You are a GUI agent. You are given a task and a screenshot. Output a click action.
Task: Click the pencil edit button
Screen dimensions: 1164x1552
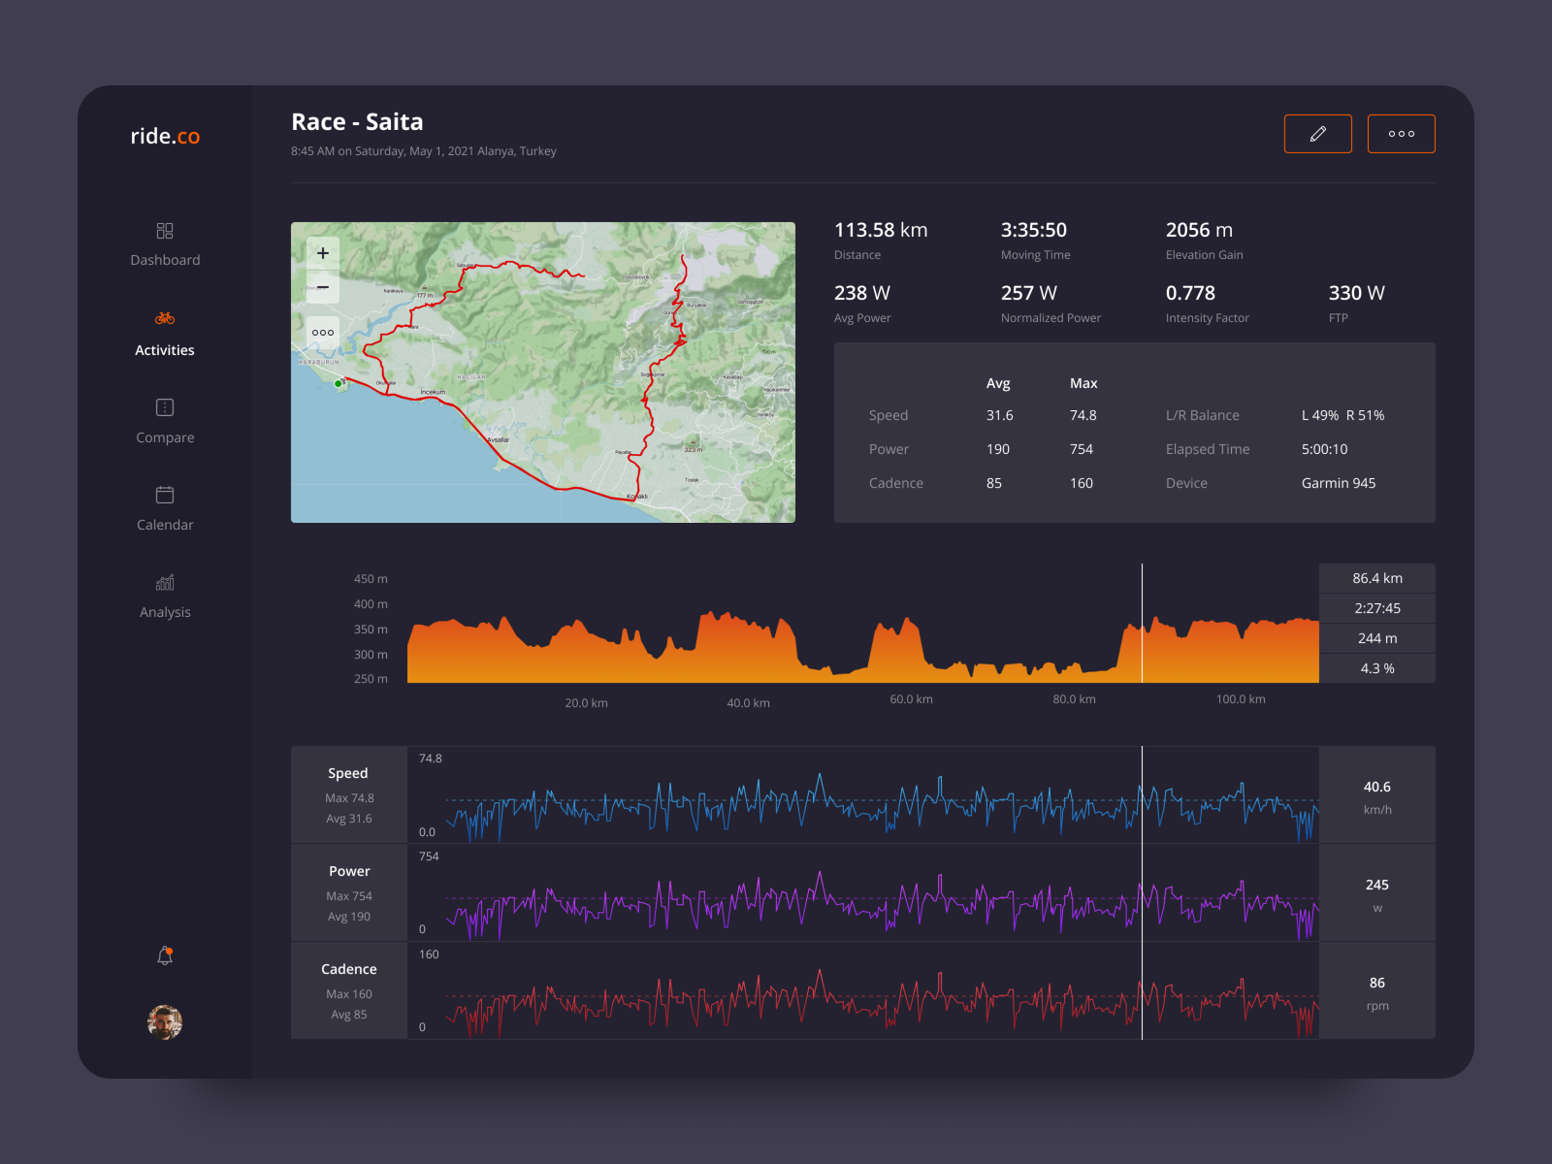click(1317, 134)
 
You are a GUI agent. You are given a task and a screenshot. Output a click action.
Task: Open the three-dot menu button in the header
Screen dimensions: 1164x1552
click(1401, 134)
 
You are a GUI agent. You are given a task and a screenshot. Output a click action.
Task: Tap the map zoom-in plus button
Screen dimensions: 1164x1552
click(323, 253)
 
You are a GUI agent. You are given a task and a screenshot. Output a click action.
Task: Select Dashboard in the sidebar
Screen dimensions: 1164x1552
click(165, 244)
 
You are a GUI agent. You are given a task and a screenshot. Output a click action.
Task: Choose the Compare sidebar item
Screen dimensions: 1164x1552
click(165, 421)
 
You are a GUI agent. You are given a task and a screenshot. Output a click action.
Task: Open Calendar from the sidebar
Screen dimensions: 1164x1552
click(165, 508)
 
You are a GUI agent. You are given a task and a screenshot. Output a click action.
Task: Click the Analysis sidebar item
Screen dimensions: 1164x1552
click(165, 596)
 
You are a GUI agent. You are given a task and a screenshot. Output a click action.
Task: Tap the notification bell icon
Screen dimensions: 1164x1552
click(165, 955)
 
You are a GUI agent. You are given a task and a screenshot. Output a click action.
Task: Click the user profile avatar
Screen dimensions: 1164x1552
click(165, 1021)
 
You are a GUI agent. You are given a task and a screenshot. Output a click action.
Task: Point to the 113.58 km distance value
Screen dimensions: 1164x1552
click(881, 231)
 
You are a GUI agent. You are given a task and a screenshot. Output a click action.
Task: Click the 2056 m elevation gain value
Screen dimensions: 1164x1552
click(1199, 231)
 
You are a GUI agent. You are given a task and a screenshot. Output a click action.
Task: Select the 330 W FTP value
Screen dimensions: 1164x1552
click(1356, 293)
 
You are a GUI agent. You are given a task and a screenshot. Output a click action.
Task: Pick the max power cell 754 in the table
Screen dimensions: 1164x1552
click(1082, 449)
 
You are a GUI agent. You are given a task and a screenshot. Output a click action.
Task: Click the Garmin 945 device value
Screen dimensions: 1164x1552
click(1338, 483)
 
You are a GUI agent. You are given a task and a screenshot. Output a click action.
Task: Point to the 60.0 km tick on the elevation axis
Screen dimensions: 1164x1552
click(911, 699)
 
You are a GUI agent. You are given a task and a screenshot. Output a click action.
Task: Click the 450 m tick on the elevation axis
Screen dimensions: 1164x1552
click(371, 579)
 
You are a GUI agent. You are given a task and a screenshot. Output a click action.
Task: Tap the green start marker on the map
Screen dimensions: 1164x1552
click(338, 384)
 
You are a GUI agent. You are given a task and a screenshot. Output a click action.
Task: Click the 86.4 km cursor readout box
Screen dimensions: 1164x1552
click(1376, 578)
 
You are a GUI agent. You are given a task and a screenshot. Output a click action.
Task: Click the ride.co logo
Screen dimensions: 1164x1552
click(165, 137)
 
